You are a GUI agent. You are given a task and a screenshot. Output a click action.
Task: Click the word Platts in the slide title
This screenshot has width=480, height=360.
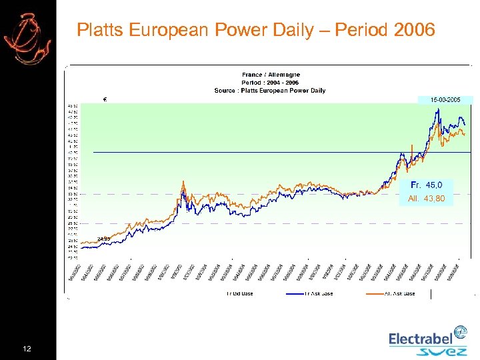click(x=97, y=30)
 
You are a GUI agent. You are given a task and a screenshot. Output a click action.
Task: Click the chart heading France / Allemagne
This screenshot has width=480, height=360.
click(x=271, y=75)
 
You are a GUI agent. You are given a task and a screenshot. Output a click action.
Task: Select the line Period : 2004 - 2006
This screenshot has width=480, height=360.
click(x=271, y=83)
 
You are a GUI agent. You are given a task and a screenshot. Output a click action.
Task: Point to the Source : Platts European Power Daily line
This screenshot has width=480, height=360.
click(x=270, y=91)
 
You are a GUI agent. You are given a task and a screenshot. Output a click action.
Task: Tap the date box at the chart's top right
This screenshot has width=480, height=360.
click(x=445, y=99)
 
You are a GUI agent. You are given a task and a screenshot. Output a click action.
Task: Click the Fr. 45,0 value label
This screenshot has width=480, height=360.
click(x=427, y=185)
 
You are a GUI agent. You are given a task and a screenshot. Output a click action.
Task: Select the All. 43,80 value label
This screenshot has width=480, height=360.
click(x=427, y=199)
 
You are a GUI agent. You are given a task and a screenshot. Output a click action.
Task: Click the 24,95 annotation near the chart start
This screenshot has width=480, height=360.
click(x=103, y=238)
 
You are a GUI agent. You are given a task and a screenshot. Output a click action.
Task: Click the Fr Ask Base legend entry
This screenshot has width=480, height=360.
click(x=319, y=293)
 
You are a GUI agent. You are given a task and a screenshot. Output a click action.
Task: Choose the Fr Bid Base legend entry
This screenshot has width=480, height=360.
click(x=238, y=293)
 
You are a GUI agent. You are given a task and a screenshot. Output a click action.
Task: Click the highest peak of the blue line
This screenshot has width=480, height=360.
click(x=437, y=110)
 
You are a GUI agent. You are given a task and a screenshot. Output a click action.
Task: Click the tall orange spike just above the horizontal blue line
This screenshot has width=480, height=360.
click(x=413, y=147)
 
